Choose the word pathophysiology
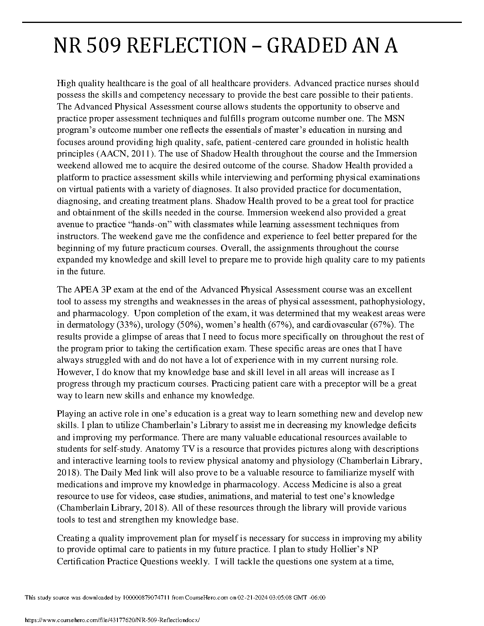pos(391,302)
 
